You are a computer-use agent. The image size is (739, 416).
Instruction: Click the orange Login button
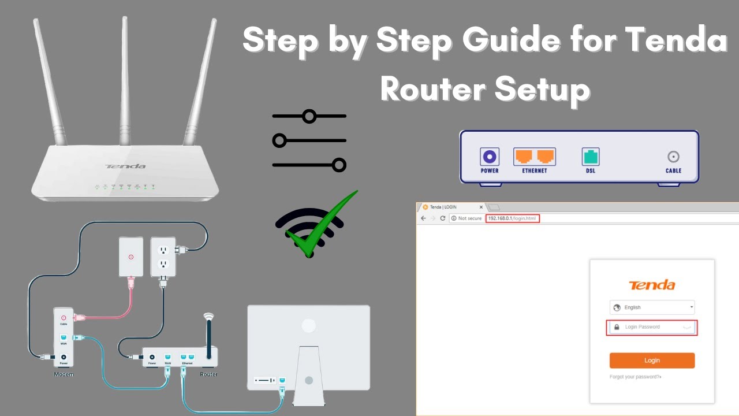[652, 361]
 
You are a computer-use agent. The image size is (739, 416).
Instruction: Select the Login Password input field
[652, 327]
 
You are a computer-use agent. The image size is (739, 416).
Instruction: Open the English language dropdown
[652, 307]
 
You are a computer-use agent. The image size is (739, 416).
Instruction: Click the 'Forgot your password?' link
[635, 377]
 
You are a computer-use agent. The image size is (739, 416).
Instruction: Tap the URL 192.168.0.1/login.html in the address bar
[512, 218]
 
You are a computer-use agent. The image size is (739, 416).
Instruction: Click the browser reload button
[443, 218]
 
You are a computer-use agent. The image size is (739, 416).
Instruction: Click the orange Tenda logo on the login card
[652, 285]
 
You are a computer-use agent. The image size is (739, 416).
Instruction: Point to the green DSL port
[590, 157]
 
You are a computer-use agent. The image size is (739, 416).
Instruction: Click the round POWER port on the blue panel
[490, 157]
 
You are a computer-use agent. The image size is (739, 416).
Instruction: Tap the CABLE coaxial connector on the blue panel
[673, 157]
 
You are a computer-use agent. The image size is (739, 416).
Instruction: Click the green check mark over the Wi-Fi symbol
[323, 225]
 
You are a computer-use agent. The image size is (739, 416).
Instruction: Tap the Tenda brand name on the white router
[125, 166]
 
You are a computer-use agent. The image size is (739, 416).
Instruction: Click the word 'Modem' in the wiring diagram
[64, 374]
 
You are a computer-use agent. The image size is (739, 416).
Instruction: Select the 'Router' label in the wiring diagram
[208, 374]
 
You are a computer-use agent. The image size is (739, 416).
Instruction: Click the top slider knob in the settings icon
[309, 117]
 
